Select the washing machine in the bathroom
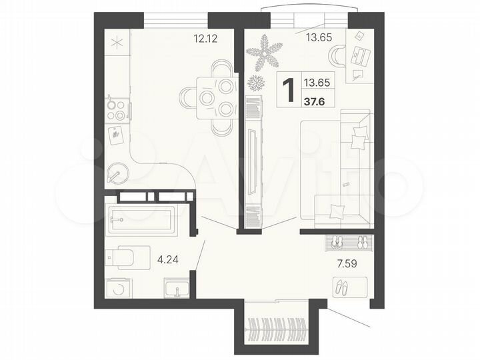[119, 287]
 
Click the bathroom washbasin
[177, 288]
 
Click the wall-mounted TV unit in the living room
[254, 161]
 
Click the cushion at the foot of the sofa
[337, 211]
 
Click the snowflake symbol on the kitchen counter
[117, 43]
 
